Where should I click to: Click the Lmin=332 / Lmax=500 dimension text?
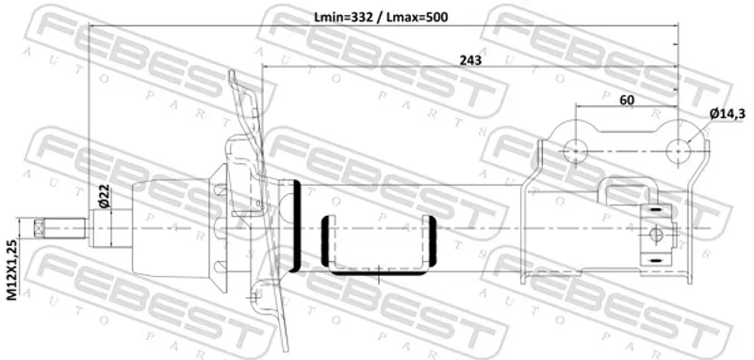pyautogui.click(x=381, y=17)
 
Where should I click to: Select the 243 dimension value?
pyautogui.click(x=470, y=60)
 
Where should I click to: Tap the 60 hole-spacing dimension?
pyautogui.click(x=627, y=100)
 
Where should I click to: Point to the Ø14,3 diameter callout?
pyautogui.click(x=728, y=114)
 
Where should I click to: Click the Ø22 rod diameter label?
pyautogui.click(x=104, y=196)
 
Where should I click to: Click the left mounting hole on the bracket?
pyautogui.click(x=576, y=151)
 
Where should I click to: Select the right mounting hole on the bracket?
pyautogui.click(x=678, y=151)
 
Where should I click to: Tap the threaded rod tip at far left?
pyautogui.click(x=39, y=227)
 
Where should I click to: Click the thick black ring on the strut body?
pyautogui.click(x=297, y=226)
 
